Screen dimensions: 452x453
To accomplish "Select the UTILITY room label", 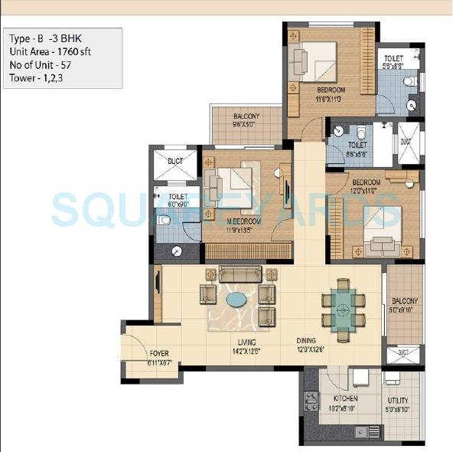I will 397,401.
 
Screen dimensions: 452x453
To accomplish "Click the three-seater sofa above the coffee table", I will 240,273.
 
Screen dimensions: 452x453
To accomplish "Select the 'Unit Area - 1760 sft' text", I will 49,51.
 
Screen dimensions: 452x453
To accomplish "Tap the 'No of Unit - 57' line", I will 41,64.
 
